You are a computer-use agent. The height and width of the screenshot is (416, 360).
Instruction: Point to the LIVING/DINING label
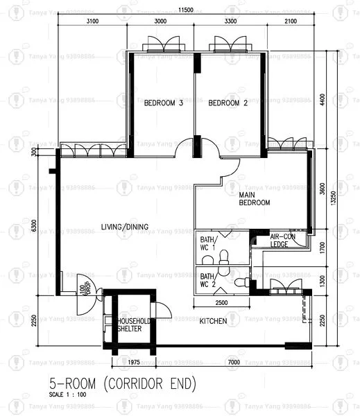[x=124, y=227]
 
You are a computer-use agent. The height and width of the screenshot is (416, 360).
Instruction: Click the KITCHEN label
[x=213, y=322]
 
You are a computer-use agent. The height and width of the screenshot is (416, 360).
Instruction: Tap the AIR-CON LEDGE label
[x=282, y=241]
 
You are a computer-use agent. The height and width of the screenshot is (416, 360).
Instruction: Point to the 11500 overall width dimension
[x=184, y=10]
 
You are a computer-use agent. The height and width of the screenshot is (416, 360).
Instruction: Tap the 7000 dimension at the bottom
[x=233, y=362]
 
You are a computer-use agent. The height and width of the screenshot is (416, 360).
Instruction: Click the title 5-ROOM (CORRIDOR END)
[x=122, y=383]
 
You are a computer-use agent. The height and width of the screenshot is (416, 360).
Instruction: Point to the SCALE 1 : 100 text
[x=67, y=395]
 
